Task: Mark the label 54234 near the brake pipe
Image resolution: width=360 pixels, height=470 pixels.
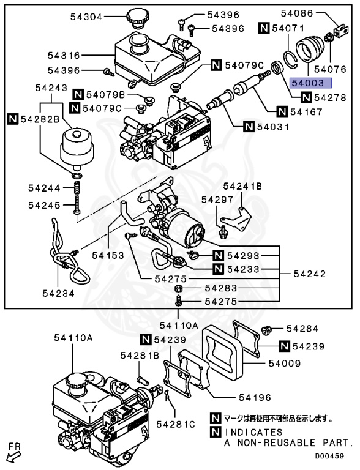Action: point(59,293)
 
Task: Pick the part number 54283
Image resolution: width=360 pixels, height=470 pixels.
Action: point(221,288)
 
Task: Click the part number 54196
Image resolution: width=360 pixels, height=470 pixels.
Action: point(253,398)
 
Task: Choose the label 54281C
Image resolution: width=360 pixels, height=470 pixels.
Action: point(176,424)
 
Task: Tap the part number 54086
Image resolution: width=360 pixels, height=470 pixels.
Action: point(298,12)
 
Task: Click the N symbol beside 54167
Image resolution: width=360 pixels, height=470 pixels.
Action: point(282,111)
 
